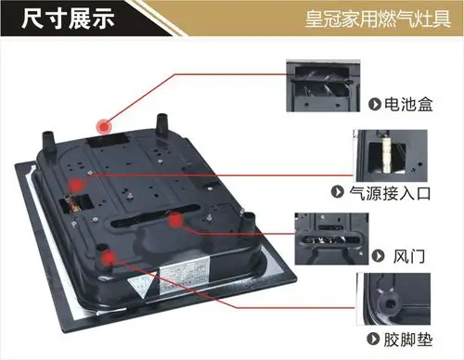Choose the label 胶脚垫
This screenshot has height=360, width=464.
click(x=407, y=339)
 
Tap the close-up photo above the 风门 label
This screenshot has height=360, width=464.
click(x=330, y=229)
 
